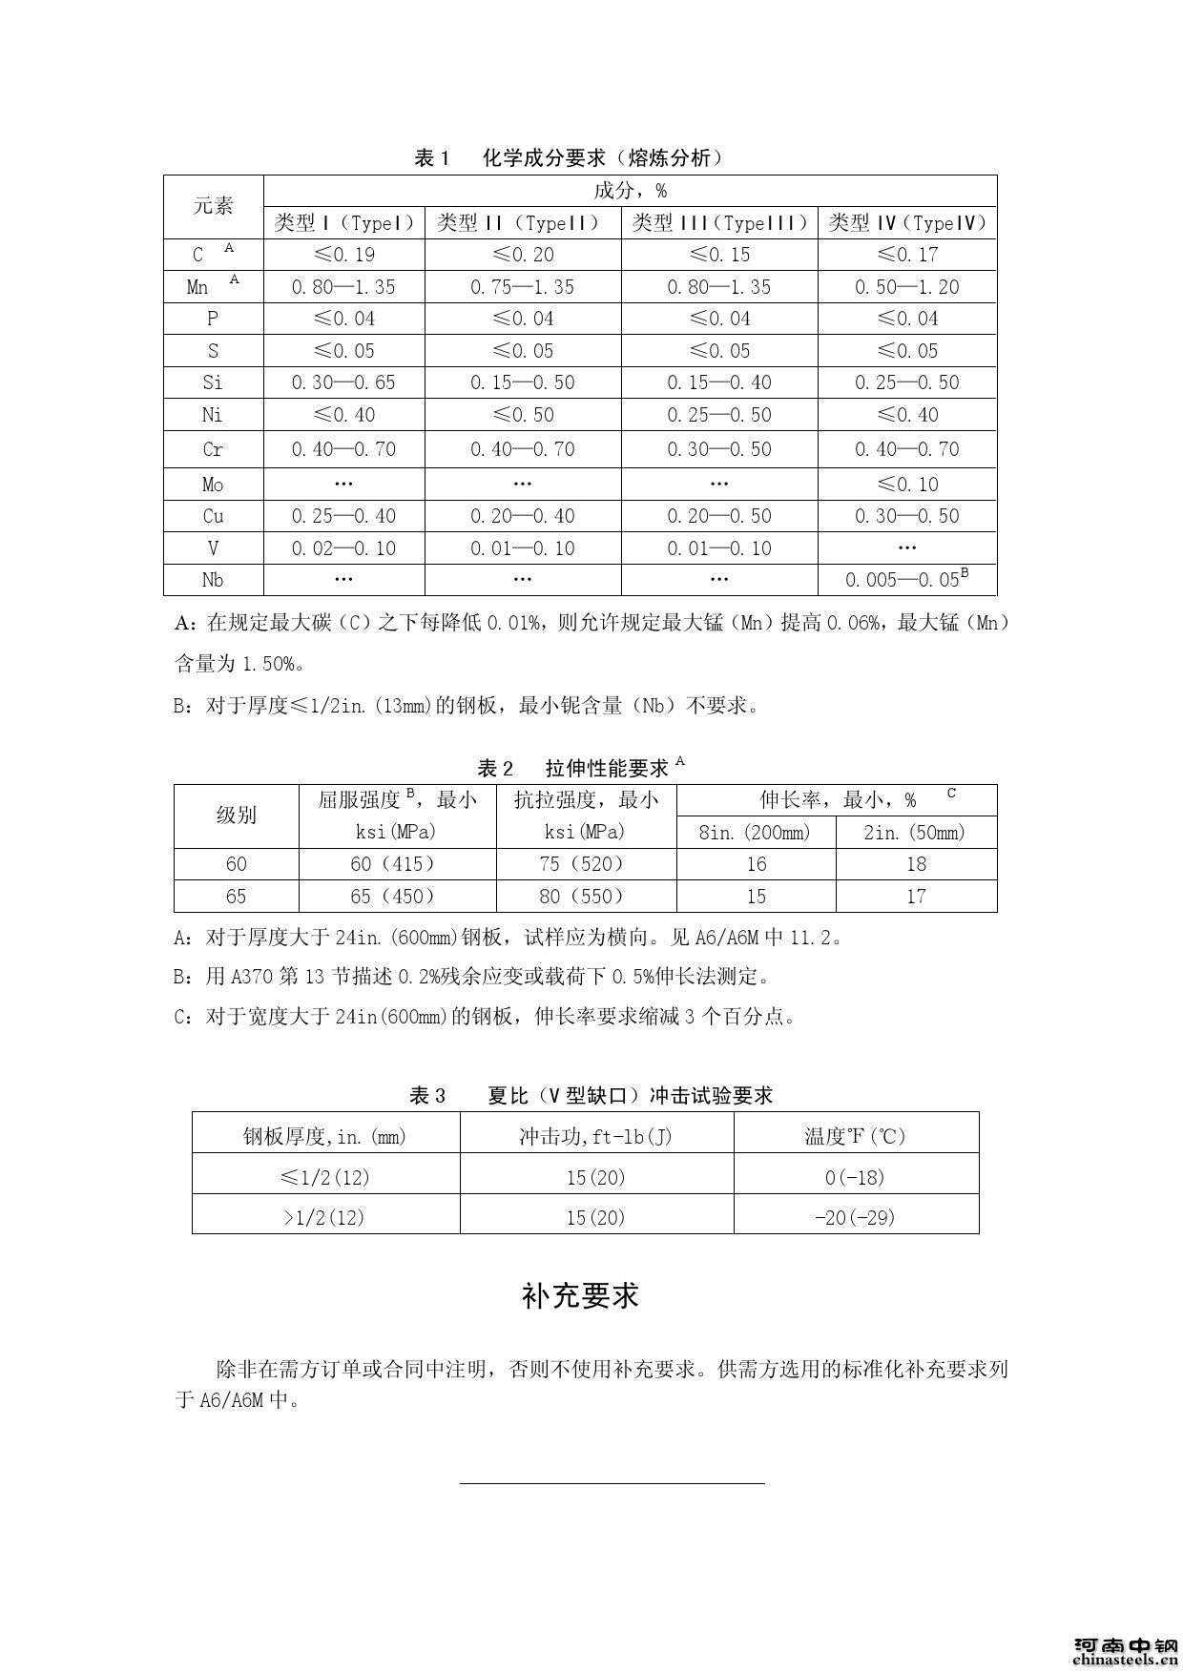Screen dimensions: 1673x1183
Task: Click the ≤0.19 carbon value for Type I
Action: (343, 255)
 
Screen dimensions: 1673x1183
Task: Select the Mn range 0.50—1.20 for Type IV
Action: (906, 287)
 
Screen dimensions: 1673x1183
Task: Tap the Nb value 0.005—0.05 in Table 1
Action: (906, 579)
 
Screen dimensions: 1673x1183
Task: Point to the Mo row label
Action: (213, 485)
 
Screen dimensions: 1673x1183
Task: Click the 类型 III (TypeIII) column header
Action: (719, 223)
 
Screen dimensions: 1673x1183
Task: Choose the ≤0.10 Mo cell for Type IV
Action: (906, 485)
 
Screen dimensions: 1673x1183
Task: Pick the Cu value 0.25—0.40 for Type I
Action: (343, 516)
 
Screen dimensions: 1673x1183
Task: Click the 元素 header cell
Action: (213, 206)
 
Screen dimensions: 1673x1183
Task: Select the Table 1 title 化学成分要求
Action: (569, 158)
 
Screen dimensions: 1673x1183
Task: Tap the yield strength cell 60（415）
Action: (397, 864)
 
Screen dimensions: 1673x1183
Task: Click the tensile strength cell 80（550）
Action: (586, 896)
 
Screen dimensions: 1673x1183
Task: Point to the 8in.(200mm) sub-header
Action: (755, 833)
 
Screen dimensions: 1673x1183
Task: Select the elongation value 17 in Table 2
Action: (916, 896)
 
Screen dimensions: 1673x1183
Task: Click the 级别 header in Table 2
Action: (236, 816)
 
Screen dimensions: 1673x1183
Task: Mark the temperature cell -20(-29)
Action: (855, 1217)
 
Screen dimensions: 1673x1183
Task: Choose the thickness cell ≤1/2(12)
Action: (325, 1177)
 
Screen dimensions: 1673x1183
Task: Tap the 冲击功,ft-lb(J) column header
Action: (596, 1136)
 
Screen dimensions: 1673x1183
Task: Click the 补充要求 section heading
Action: (580, 1295)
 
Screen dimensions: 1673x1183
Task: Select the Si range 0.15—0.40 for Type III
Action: (719, 382)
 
